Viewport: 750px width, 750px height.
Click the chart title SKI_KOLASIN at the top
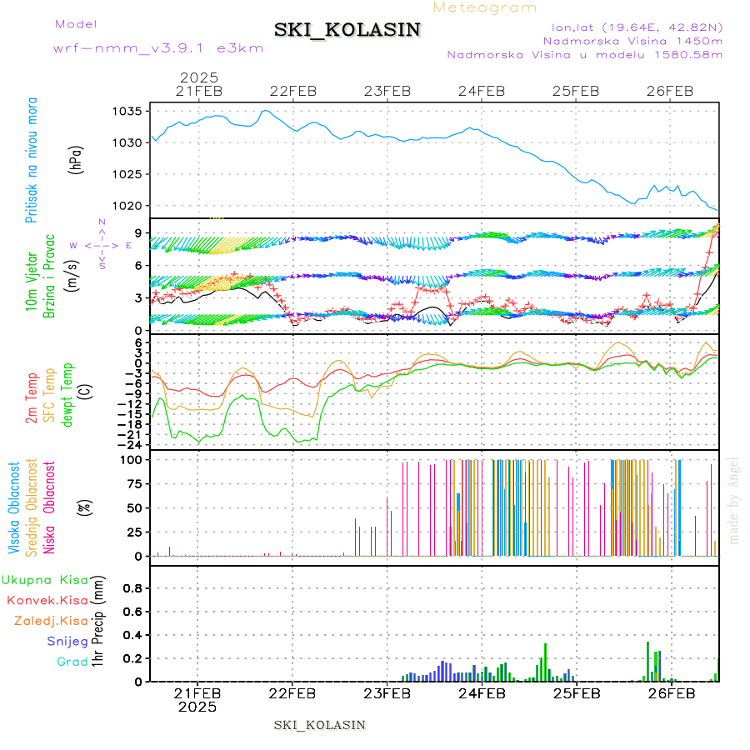347,30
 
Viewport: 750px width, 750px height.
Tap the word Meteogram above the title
486,7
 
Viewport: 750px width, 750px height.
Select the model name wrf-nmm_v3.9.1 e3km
158,47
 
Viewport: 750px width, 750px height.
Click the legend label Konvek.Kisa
47,600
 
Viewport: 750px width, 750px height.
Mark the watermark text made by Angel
734,500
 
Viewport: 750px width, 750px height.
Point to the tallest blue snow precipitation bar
546,662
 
